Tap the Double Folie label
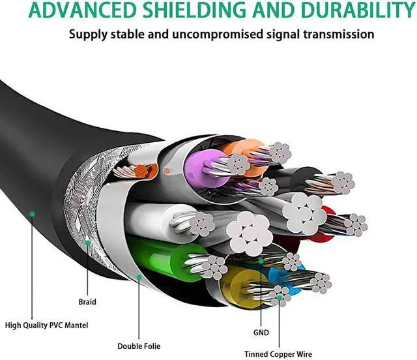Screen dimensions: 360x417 (139, 345)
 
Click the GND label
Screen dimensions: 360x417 (261, 332)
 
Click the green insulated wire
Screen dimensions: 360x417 (156, 257)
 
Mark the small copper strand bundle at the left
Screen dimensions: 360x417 (139, 172)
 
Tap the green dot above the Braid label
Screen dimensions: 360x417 (88, 243)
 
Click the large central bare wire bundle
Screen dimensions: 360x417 (248, 232)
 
